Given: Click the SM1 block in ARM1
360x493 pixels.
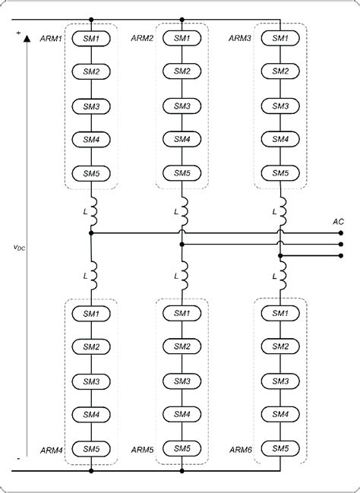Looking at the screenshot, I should click(91, 37).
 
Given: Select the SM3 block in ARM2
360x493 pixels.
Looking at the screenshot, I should click(182, 106).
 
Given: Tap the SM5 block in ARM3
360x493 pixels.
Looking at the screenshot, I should click(280, 173).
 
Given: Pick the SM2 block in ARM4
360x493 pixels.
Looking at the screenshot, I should click(91, 347).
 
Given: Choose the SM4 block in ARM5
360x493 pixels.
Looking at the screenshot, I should click(182, 414).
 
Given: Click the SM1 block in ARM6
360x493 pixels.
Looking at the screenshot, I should click(280, 313).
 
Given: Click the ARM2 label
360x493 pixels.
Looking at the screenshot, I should click(143, 38).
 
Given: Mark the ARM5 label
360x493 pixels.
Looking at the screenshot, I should click(143, 450).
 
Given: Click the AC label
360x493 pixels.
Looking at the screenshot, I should click(339, 221).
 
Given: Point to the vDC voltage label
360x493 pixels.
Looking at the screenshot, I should click(20, 248).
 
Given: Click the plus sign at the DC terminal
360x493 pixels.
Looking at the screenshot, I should click(17, 32).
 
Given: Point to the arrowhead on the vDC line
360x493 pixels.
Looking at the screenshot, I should click(27, 37).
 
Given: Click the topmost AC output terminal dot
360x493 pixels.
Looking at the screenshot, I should click(341, 233).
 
